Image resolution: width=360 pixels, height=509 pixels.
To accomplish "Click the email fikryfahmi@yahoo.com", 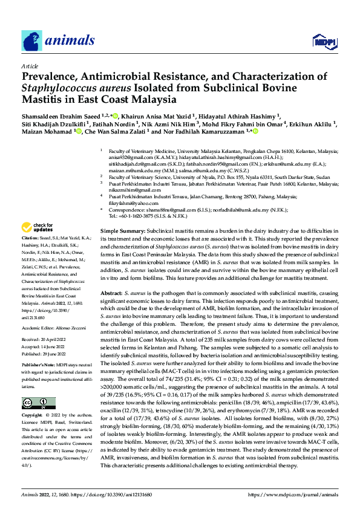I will point(131,204).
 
